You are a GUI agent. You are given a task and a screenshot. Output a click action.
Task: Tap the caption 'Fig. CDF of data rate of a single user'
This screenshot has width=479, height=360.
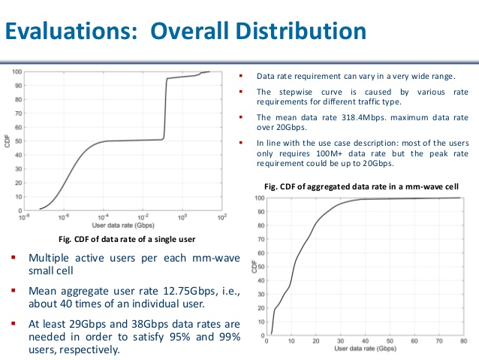click(x=122, y=239)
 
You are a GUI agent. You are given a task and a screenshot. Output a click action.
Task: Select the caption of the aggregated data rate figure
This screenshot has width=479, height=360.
click(x=362, y=186)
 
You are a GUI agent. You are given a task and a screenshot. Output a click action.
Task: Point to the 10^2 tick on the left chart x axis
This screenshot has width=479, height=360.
click(x=221, y=216)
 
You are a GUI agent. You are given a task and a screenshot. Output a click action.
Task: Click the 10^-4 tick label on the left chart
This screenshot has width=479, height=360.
click(x=104, y=216)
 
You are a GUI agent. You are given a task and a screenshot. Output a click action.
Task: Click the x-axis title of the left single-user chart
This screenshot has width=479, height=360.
click(x=123, y=225)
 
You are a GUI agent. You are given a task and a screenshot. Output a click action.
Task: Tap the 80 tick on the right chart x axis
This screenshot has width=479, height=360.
click(x=460, y=341)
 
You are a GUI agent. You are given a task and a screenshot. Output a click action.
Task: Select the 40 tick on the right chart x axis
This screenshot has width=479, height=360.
click(x=364, y=341)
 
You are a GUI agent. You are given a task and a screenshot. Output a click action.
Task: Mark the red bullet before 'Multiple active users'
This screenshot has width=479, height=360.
click(x=14, y=258)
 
